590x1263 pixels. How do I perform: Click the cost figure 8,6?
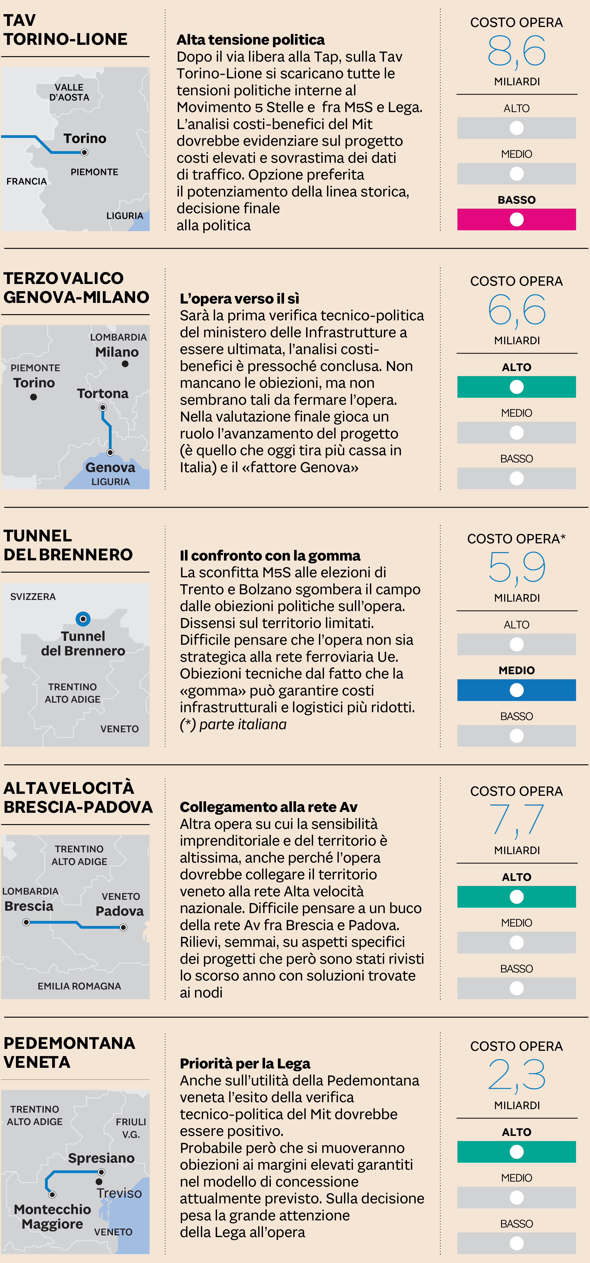point(516,51)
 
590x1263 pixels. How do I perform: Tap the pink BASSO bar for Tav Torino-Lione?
point(516,220)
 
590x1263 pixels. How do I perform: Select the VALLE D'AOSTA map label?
point(69,92)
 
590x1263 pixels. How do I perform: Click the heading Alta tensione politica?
point(250,40)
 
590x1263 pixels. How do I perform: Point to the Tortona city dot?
point(103,407)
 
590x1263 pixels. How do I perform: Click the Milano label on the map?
point(117,352)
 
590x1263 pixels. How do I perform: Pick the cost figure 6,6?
point(516,310)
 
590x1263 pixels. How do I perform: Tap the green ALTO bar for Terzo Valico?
point(516,387)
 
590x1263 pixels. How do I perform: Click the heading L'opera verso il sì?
point(239,299)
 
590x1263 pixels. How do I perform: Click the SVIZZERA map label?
point(33,597)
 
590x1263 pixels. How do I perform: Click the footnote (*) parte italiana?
point(233,724)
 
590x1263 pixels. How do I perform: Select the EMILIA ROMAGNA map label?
point(79,986)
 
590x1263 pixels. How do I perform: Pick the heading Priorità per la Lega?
point(245,1063)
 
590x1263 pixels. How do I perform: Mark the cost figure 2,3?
point(516,1075)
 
